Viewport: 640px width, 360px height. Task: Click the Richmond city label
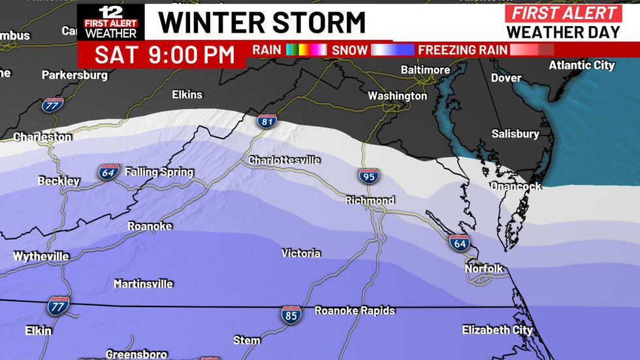tap(370, 200)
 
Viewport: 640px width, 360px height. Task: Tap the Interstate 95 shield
tap(367, 176)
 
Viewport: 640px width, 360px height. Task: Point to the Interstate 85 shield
tap(291, 314)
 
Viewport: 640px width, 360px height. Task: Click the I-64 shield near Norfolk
tap(459, 243)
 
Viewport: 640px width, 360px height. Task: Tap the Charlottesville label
tap(284, 160)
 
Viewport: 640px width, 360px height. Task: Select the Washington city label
tap(397, 96)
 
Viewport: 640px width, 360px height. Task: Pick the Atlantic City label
tap(581, 65)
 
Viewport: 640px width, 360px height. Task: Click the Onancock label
tap(516, 186)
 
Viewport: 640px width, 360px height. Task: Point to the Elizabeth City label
tap(497, 330)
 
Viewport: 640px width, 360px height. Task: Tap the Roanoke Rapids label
tap(355, 310)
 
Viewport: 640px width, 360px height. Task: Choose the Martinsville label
tap(143, 284)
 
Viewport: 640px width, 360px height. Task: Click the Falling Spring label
tap(159, 172)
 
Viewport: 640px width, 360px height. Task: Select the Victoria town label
tap(300, 253)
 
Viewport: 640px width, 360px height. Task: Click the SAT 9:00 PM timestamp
tap(164, 55)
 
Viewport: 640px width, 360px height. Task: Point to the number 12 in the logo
tap(108, 11)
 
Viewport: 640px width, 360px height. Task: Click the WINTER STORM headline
tap(262, 22)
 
